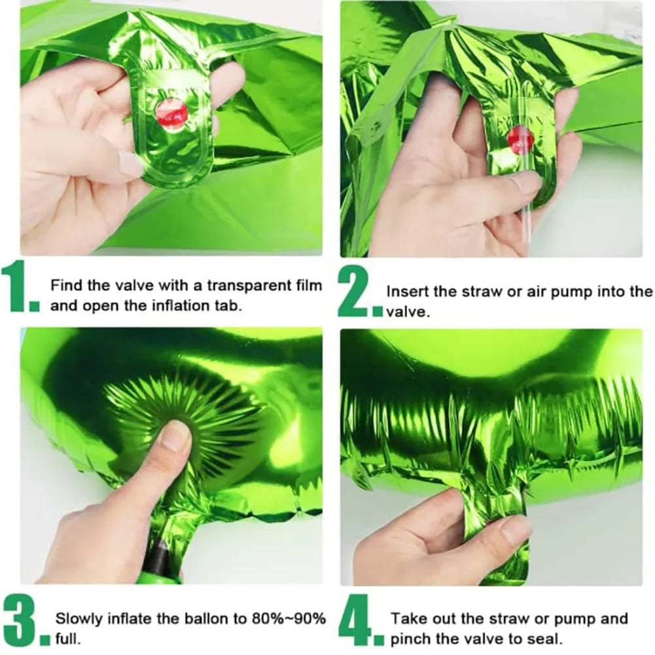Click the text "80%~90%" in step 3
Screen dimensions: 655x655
click(289, 618)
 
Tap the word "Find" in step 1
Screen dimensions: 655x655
click(67, 286)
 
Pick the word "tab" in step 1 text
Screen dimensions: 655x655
click(229, 306)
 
